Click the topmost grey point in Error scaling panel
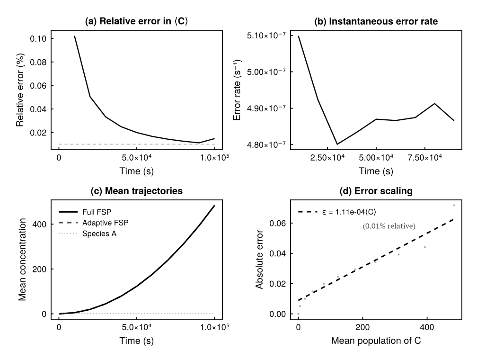tap(454, 205)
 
